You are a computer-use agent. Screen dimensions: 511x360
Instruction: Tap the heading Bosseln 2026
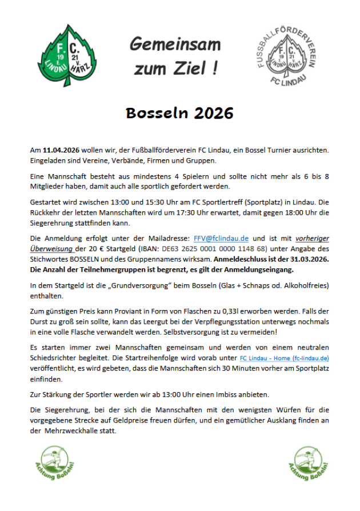click(x=179, y=113)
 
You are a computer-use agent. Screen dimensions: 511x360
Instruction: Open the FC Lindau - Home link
click(x=284, y=358)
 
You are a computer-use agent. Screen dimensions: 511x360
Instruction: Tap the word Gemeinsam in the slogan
click(x=175, y=44)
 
